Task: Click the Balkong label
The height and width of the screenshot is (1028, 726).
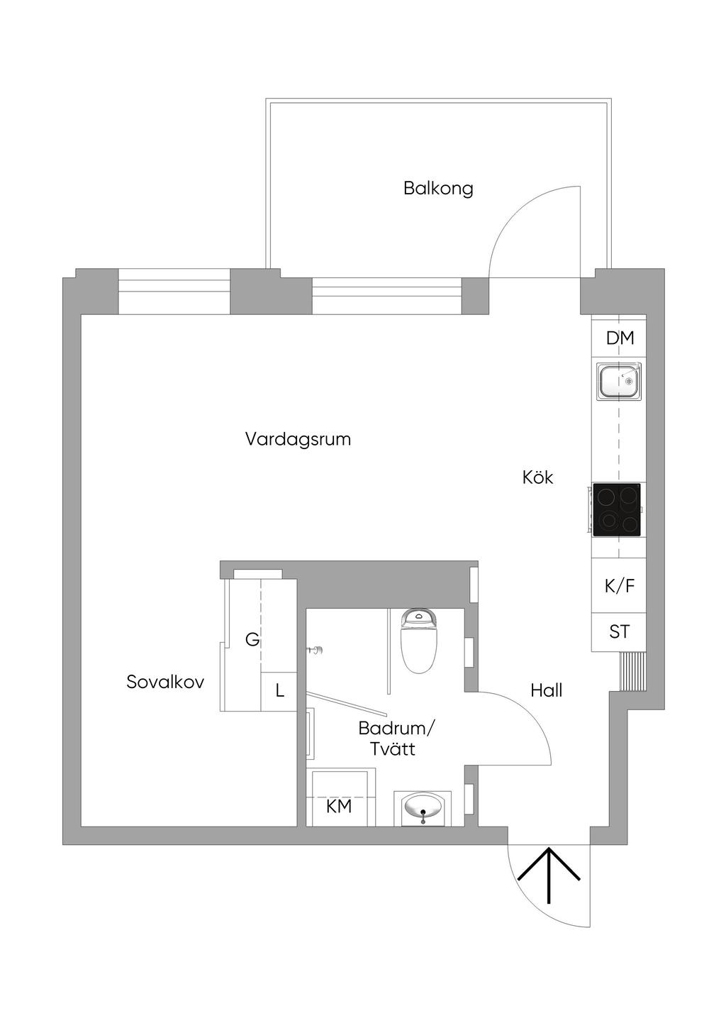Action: pyautogui.click(x=438, y=189)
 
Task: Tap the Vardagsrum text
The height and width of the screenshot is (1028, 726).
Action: pyautogui.click(x=298, y=439)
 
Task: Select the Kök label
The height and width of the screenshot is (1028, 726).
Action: pyautogui.click(x=537, y=477)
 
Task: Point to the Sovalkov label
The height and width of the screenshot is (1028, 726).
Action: pyautogui.click(x=165, y=682)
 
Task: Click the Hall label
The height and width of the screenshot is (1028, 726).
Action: pyautogui.click(x=546, y=690)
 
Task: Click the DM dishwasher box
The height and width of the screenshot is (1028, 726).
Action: pyautogui.click(x=619, y=338)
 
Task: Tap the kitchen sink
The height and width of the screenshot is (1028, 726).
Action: pyautogui.click(x=618, y=381)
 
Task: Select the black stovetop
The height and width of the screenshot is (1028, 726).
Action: pyautogui.click(x=617, y=509)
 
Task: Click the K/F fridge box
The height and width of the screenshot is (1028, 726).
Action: pyautogui.click(x=619, y=586)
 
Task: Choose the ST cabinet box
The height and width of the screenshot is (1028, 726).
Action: pyautogui.click(x=619, y=631)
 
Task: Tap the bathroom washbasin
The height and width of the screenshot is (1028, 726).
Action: pyautogui.click(x=423, y=807)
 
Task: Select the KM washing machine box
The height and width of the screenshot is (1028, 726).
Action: pyautogui.click(x=339, y=807)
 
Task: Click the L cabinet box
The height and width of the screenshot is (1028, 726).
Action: pyautogui.click(x=279, y=691)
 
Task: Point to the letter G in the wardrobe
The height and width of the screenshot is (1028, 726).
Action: pyautogui.click(x=252, y=640)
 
